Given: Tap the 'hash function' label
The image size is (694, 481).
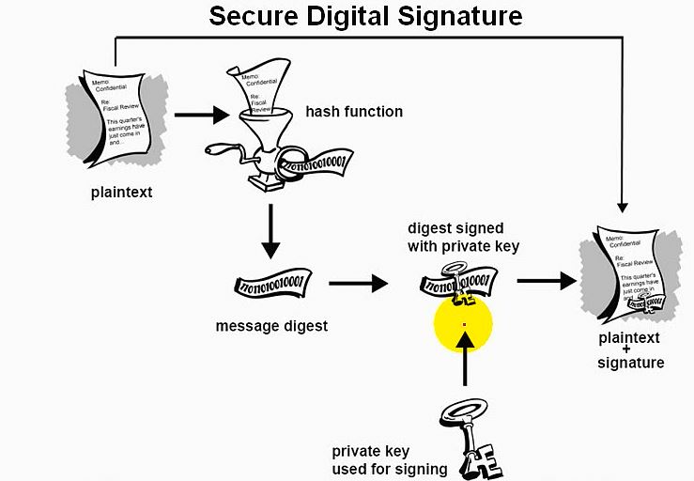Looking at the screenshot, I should [354, 112].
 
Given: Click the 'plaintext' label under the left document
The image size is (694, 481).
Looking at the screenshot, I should [121, 194].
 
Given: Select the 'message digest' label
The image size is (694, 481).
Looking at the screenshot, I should [271, 326].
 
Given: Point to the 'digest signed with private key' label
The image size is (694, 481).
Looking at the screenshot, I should [455, 237].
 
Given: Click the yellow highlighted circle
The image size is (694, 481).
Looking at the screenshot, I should [463, 324].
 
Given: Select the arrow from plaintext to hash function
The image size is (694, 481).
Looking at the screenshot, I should [202, 116].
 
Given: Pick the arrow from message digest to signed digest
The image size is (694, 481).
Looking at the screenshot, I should [359, 282].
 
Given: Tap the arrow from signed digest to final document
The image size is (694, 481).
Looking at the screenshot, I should [547, 280].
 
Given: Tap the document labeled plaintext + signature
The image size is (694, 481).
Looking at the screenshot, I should [629, 272].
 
